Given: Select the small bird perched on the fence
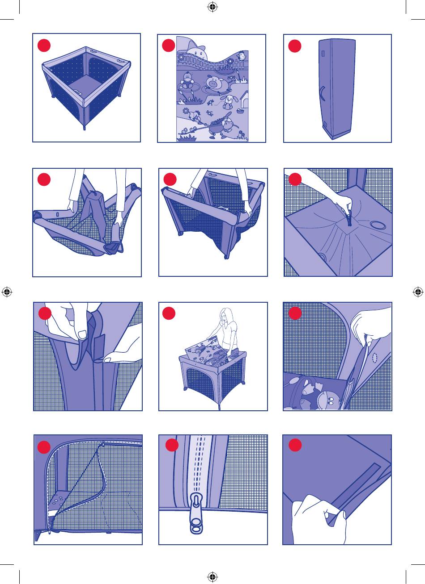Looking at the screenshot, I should pyautogui.click(x=242, y=56).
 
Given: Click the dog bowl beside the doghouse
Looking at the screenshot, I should pyautogui.click(x=242, y=110).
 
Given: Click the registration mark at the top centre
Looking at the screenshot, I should pyautogui.click(x=212, y=7).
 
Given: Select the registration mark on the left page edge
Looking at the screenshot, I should pyautogui.click(x=7, y=292).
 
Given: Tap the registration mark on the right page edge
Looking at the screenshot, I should pyautogui.click(x=418, y=292).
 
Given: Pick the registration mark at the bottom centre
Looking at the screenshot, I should pyautogui.click(x=212, y=577).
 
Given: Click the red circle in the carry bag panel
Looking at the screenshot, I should pyautogui.click(x=295, y=46).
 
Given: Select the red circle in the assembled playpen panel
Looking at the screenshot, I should pyautogui.click(x=44, y=46).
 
